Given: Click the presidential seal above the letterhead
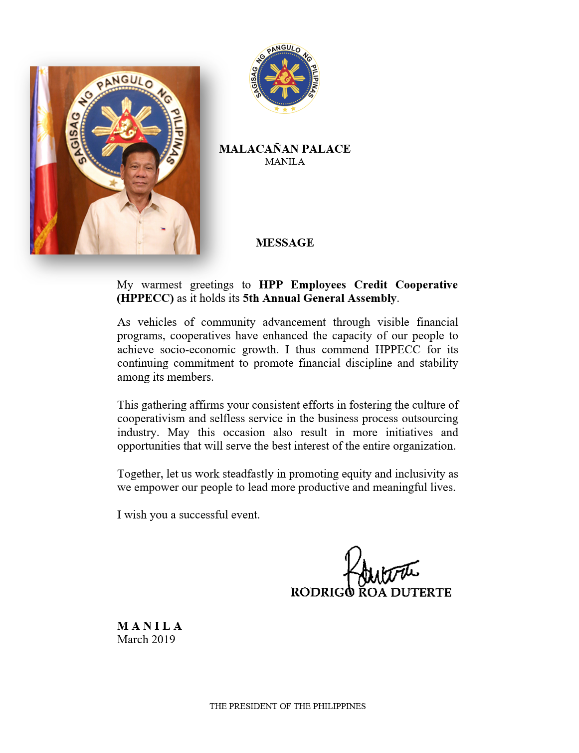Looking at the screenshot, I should (284, 78).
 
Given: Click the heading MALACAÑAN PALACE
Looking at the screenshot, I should (284, 149).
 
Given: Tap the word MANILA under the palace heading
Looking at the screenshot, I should (284, 162).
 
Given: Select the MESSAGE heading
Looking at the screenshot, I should (284, 243).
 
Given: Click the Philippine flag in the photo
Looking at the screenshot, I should (44, 165).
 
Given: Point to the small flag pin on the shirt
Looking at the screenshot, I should (163, 229).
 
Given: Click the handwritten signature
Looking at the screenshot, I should (379, 569).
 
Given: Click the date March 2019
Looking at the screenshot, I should (146, 640).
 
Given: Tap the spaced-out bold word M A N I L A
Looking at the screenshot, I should (150, 626).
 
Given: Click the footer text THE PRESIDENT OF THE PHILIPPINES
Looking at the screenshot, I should (287, 706).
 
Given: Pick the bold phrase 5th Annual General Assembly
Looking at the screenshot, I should (320, 298).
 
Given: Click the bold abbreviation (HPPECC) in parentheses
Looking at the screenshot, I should (145, 298).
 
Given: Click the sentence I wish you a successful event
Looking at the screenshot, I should (188, 515).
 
